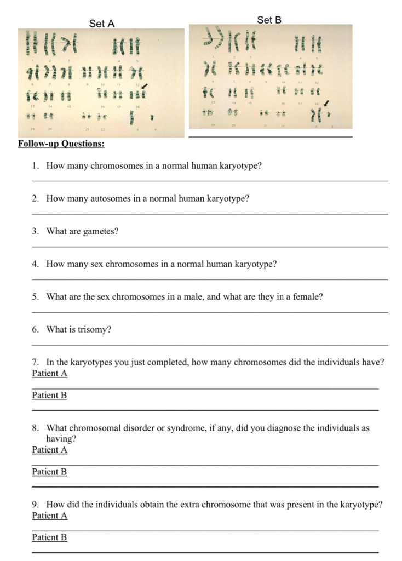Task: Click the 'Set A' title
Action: coord(102,24)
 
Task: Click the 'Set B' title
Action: coord(269,20)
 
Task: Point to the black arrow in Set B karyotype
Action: coord(326,103)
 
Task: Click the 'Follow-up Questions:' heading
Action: coord(61,144)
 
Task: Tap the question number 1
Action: coord(35,165)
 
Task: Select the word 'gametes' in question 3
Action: coord(100,231)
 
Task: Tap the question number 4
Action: coord(35,264)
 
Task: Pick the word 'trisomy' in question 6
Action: coord(96,330)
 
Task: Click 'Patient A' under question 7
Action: coord(50,374)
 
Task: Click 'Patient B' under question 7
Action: coord(50,395)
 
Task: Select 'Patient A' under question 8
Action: coord(50,450)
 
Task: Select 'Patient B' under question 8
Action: coord(50,472)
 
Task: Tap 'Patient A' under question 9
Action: coord(50,516)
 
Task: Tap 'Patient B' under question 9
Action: coord(50,537)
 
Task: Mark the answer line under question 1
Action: coord(210,180)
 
